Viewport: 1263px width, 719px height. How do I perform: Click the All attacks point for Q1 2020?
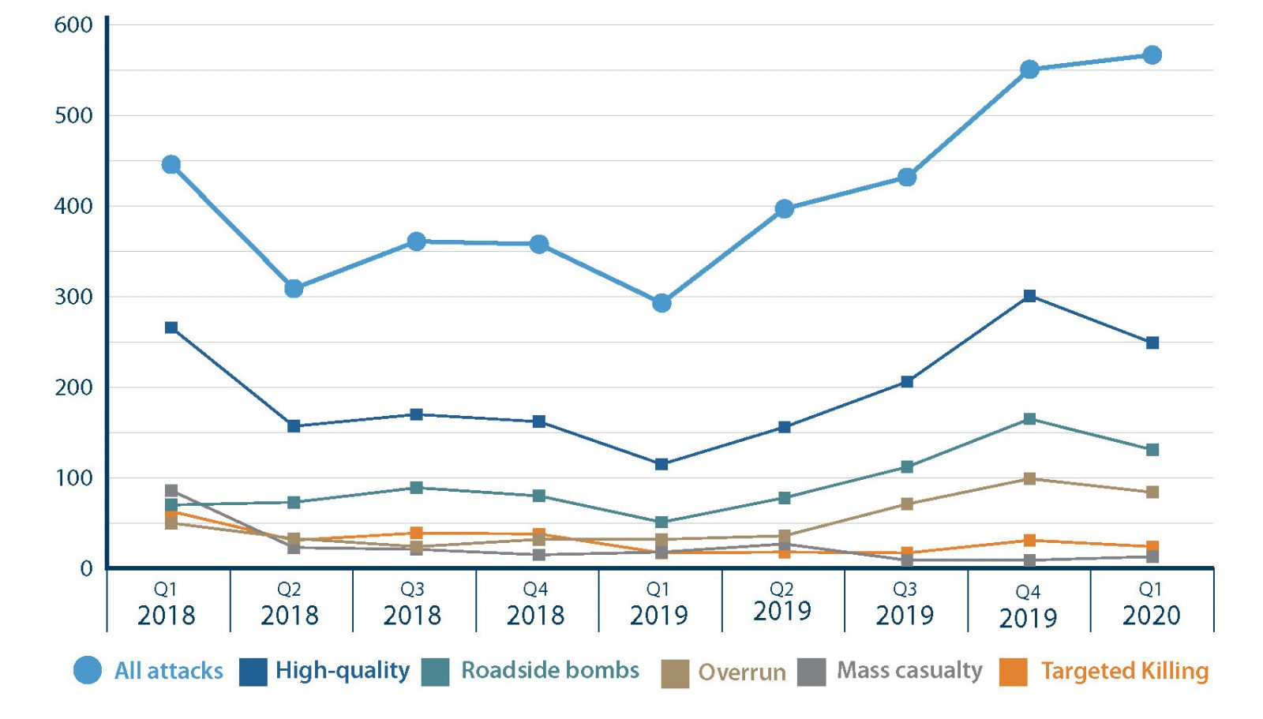[1152, 55]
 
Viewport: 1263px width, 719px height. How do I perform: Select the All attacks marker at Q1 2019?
[661, 303]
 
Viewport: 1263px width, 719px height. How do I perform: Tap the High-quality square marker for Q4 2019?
[1029, 296]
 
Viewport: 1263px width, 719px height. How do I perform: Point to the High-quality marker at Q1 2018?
[171, 328]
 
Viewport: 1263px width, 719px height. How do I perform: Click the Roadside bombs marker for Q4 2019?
[1029, 419]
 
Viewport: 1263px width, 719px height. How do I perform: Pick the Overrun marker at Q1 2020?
[1152, 492]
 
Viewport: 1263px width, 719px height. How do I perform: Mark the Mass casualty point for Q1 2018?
[171, 491]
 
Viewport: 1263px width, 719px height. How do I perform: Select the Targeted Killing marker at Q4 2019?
[1029, 541]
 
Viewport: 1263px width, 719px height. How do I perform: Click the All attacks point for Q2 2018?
[294, 289]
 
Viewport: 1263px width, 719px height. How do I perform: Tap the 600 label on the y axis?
[73, 25]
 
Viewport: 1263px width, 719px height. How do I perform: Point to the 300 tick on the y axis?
[73, 298]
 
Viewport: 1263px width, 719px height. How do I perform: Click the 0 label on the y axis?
[86, 569]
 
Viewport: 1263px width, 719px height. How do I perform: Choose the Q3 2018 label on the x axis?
[412, 605]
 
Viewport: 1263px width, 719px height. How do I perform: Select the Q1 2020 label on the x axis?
[1151, 605]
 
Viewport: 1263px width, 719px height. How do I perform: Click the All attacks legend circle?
[88, 670]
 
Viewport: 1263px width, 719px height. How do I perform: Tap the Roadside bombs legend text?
[550, 670]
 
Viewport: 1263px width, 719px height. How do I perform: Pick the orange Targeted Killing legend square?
[1013, 672]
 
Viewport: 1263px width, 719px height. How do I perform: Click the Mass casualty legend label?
[909, 670]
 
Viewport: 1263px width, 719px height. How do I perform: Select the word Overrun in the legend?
[742, 672]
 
